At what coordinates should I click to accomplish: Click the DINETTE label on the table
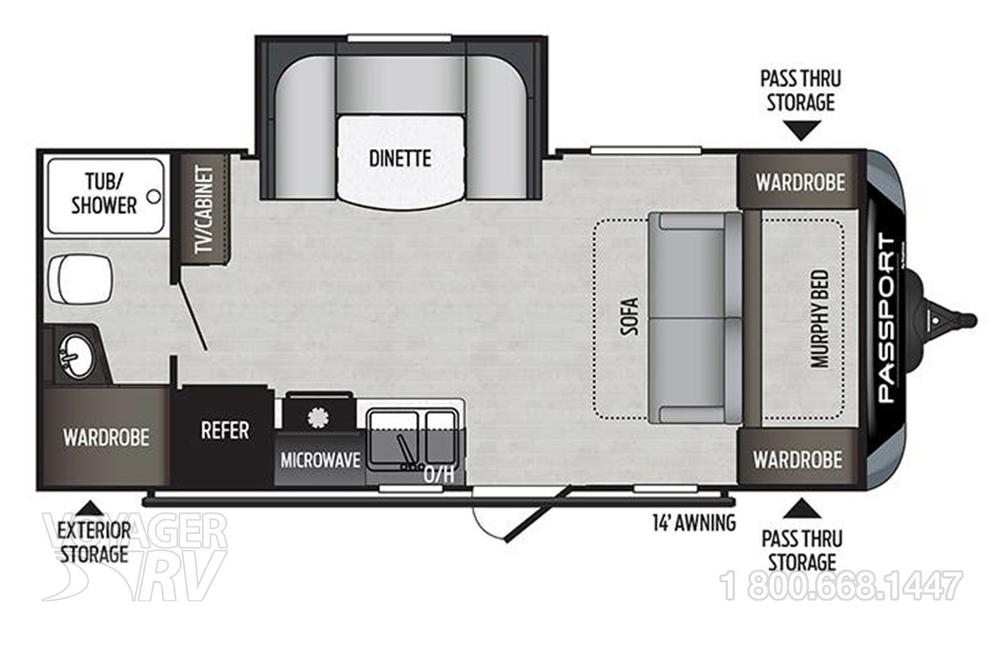click(400, 158)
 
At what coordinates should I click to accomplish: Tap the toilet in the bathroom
click(79, 279)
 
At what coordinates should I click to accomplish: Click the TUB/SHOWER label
click(104, 194)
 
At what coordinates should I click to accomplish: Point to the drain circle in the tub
click(154, 196)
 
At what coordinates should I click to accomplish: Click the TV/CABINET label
click(204, 210)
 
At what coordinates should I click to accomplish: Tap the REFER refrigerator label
click(225, 430)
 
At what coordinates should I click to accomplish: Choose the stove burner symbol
click(318, 417)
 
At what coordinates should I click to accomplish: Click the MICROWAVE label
click(320, 460)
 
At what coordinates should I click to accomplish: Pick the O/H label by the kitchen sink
click(439, 475)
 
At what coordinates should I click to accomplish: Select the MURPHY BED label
click(820, 318)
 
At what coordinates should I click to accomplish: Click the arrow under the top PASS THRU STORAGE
click(801, 131)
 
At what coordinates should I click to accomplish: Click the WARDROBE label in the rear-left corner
click(106, 437)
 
